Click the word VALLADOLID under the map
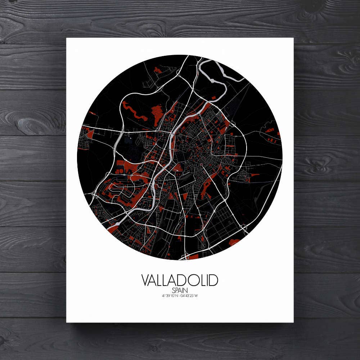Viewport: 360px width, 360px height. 180,280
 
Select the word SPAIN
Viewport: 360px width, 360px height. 180,290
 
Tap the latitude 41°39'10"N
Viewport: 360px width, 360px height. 170,296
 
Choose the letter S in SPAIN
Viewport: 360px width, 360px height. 174,290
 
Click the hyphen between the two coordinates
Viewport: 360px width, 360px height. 179,296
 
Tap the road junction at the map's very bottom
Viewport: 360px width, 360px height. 185,257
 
